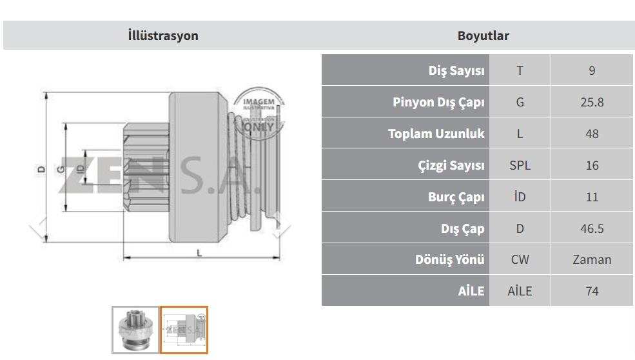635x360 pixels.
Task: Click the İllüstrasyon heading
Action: (163, 35)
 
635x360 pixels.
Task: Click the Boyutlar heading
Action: (483, 35)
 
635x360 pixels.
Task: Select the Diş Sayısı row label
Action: (456, 70)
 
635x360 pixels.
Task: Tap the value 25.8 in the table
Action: (592, 102)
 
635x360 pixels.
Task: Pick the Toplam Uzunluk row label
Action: (436, 134)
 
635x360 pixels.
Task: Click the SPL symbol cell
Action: (520, 165)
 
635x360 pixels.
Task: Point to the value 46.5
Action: (592, 228)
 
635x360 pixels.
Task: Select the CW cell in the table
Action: (520, 259)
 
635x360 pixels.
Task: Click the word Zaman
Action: (592, 259)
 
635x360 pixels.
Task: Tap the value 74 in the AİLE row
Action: (592, 291)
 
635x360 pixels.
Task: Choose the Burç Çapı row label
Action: (456, 197)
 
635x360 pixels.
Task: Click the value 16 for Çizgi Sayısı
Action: (592, 165)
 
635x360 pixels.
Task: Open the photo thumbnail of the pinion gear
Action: (135, 330)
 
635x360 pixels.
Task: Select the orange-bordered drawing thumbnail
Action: (184, 330)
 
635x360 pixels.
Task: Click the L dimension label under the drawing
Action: (199, 253)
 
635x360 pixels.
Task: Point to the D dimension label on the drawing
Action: (41, 169)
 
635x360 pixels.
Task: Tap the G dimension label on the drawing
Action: (61, 169)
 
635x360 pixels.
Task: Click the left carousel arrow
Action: (39, 225)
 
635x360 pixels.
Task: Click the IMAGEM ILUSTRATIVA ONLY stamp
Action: (259, 113)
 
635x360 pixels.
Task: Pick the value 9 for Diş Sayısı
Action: (592, 70)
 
